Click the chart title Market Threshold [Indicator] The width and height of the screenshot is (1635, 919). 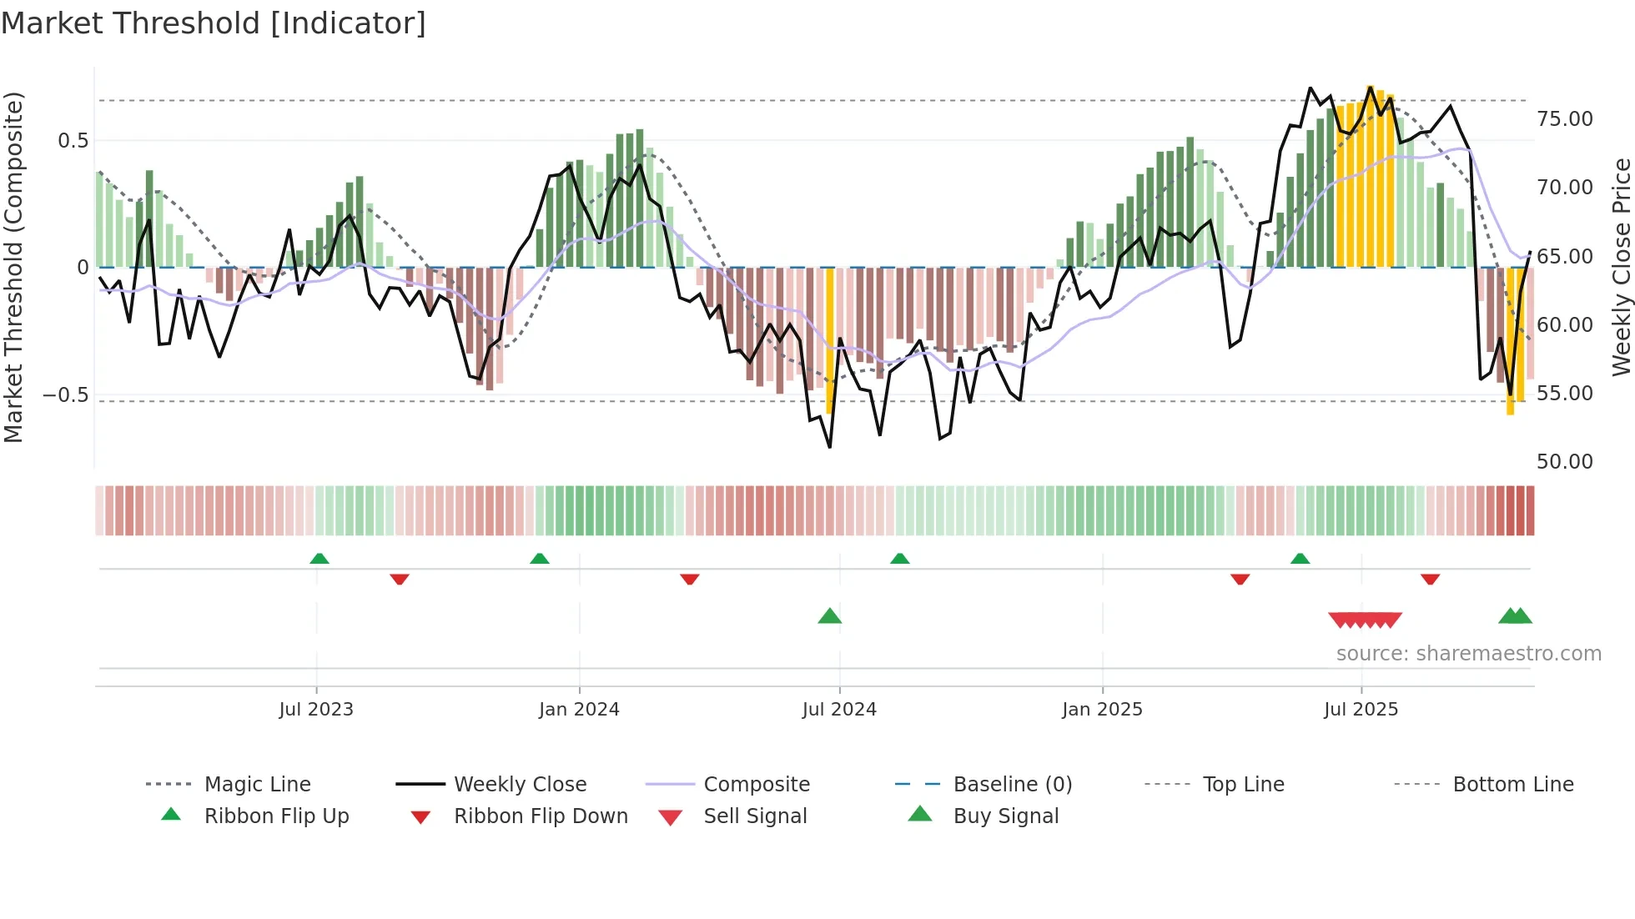tap(214, 23)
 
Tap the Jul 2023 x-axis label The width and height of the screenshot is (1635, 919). tap(316, 710)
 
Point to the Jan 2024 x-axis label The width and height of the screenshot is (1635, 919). tap(579, 710)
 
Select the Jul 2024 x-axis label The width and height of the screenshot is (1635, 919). tap(839, 710)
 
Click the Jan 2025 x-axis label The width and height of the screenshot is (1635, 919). tap(1102, 710)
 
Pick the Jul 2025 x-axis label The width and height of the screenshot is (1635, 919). tap(1361, 710)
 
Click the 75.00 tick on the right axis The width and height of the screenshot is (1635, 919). tap(1565, 119)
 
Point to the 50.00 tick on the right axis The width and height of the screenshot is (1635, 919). tap(1565, 462)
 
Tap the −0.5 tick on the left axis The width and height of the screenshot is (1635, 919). tap(66, 395)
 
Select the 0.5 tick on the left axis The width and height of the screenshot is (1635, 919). tap(73, 141)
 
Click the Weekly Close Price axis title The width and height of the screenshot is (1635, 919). tap(1621, 267)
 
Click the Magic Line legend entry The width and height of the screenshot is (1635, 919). tap(257, 785)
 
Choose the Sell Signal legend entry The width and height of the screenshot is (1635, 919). tap(755, 816)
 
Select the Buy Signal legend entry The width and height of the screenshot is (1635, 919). tap(1005, 816)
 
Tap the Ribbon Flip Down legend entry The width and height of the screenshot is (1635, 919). tap(541, 816)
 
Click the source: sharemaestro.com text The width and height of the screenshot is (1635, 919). tap(1468, 654)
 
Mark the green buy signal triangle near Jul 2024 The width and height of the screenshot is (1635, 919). tap(829, 616)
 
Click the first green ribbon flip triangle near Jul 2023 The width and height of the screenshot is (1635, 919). tap(319, 559)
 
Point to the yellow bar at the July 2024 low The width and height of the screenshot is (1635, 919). tap(829, 342)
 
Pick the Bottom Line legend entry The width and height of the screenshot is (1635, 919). tap(1512, 785)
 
